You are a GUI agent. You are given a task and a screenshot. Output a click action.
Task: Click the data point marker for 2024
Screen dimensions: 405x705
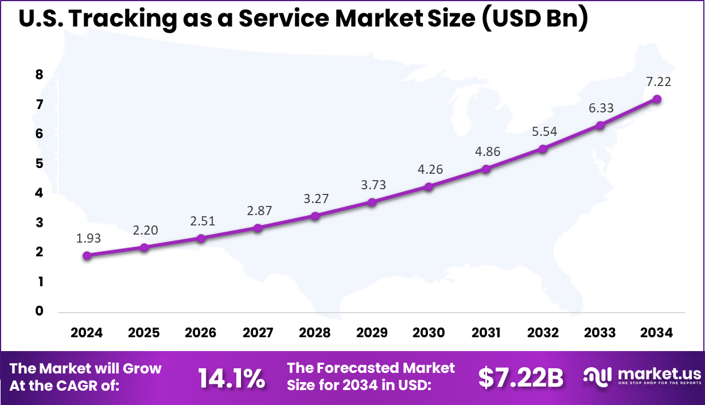coord(87,256)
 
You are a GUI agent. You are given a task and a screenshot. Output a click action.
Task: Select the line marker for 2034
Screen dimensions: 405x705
coord(657,99)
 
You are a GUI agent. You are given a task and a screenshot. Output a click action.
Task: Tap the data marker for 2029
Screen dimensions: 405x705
coord(372,202)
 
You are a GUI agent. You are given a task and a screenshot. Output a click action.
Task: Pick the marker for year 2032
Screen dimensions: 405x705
coord(543,149)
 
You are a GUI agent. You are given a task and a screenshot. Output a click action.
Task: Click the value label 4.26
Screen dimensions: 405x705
coord(429,170)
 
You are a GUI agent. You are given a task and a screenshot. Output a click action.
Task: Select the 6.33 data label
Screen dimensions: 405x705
coord(601,108)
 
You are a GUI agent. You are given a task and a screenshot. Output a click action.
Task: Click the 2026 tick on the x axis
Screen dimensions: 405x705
coord(201,333)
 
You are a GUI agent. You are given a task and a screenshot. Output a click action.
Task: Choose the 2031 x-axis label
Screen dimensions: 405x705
coord(486,333)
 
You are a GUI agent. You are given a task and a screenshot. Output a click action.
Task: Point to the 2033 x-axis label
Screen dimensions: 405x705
coord(600,333)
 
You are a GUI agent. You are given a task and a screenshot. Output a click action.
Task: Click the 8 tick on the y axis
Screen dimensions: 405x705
coord(40,75)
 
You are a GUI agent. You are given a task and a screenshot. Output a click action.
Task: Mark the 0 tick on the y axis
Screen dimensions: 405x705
coord(40,311)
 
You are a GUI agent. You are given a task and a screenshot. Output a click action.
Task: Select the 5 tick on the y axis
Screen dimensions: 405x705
coord(40,163)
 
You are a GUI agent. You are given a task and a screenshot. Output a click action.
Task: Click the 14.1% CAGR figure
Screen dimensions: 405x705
coord(231,378)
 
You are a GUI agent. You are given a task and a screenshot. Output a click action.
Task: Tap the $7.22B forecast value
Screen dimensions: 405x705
coord(521,378)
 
